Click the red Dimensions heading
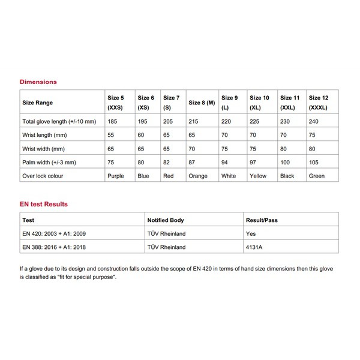click(x=38, y=81)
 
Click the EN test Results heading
click(x=44, y=204)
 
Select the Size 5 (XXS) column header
click(x=116, y=103)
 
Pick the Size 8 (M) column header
click(x=202, y=103)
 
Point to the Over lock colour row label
click(x=43, y=176)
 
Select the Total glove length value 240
click(x=313, y=122)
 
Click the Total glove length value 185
click(x=112, y=122)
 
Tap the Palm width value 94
click(x=226, y=163)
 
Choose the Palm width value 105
click(x=313, y=163)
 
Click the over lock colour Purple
click(x=116, y=176)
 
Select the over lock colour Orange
click(x=198, y=176)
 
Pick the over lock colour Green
click(x=316, y=176)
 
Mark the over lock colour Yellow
click(x=259, y=176)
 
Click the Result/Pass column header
click(x=262, y=220)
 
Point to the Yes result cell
click(x=251, y=233)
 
